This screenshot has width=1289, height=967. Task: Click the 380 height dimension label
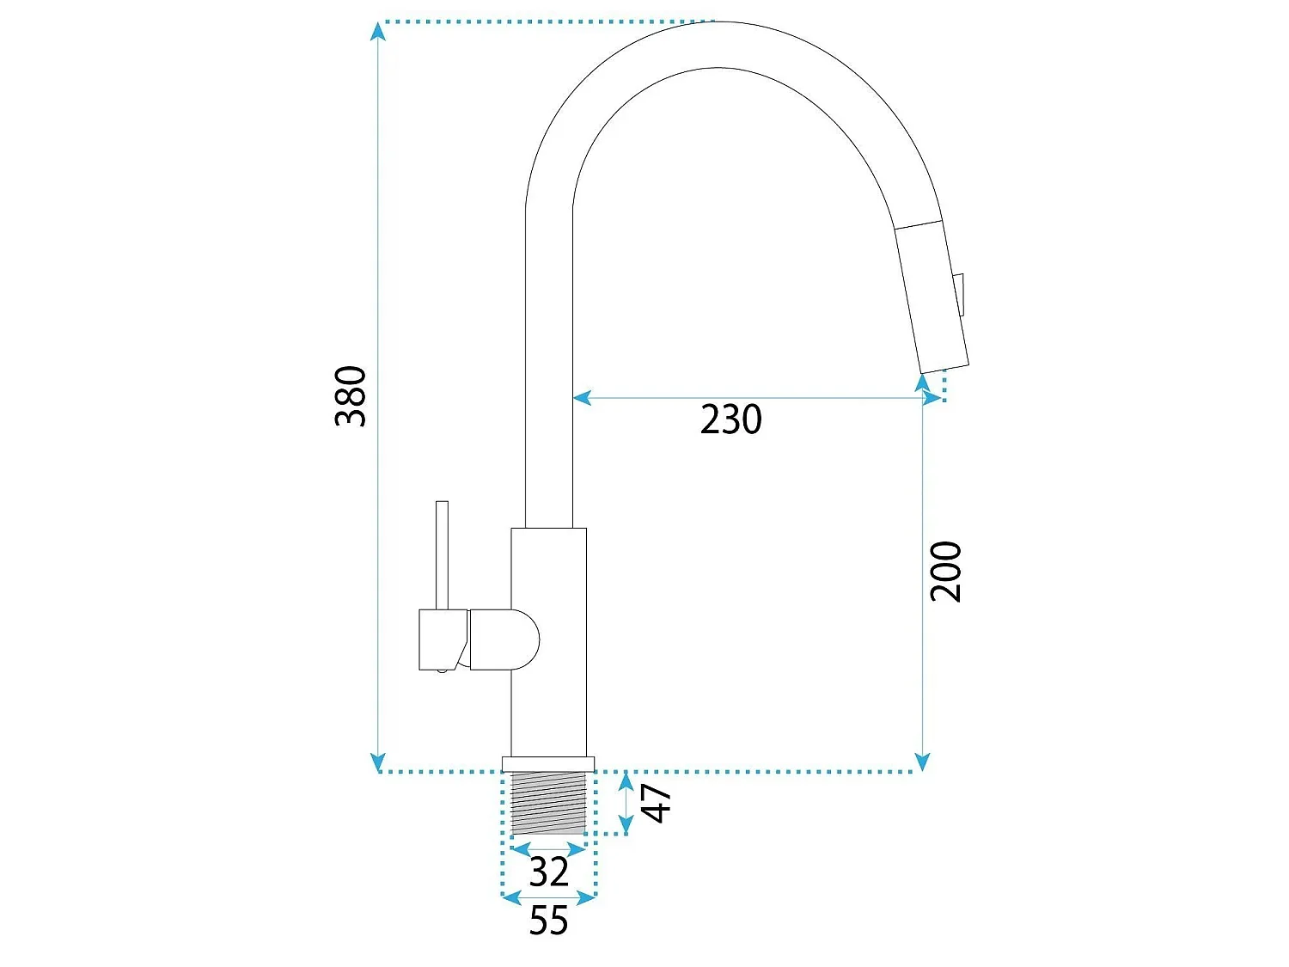click(x=351, y=396)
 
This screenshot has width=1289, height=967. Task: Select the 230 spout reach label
click(x=730, y=419)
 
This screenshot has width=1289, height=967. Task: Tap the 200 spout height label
click(x=945, y=572)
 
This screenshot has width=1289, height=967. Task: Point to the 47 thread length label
click(x=656, y=803)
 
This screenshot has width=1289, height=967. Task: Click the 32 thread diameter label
click(x=548, y=872)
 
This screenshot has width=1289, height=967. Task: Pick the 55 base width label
click(x=548, y=920)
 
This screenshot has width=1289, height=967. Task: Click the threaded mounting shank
click(x=548, y=803)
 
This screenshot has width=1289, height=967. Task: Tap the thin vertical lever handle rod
click(x=443, y=555)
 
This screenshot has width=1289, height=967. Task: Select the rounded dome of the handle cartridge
click(x=504, y=640)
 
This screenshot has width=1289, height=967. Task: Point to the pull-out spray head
click(x=932, y=297)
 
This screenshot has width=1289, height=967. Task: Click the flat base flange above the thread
click(x=548, y=764)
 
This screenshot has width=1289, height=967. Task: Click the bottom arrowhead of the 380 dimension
click(x=378, y=762)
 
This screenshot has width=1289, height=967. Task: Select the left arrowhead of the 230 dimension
click(x=582, y=398)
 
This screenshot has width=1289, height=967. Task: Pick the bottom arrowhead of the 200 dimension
click(x=923, y=762)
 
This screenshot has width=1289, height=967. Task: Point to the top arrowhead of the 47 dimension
click(x=626, y=780)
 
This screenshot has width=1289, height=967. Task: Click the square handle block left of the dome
click(x=443, y=640)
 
